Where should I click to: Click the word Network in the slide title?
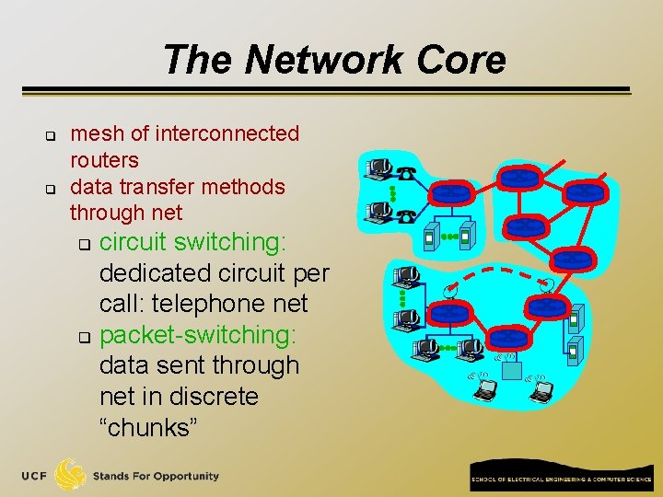point(324,60)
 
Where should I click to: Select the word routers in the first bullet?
point(104,160)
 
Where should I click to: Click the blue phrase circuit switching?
point(192,242)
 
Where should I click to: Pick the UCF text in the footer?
point(36,476)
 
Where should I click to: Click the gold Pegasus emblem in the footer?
point(71,475)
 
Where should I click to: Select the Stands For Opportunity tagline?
point(156,476)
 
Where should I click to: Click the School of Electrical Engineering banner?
point(561,480)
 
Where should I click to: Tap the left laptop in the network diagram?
point(483,389)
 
